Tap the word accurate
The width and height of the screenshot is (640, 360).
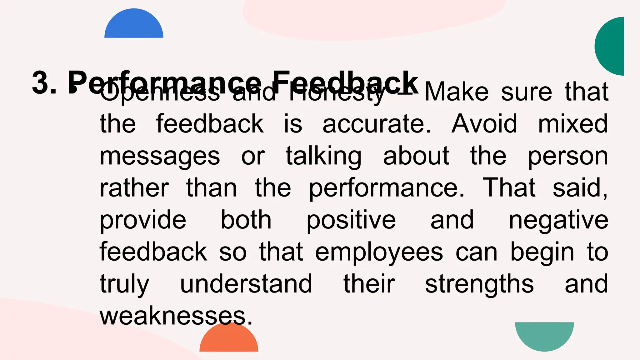click(377, 124)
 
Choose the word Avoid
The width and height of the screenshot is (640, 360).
click(484, 124)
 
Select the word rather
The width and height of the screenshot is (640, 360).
click(134, 188)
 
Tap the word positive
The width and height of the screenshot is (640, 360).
click(351, 221)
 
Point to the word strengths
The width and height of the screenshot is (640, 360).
click(479, 284)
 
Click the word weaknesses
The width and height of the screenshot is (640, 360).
click(176, 316)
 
